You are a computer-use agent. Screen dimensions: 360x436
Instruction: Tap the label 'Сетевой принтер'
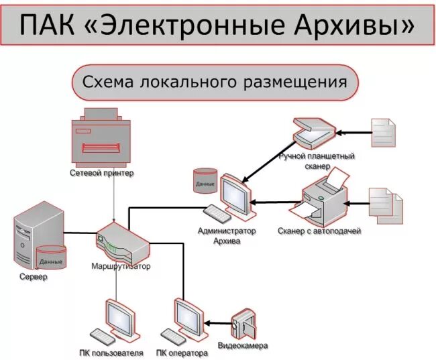point(101,173)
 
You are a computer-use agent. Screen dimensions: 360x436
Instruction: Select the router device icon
point(122,241)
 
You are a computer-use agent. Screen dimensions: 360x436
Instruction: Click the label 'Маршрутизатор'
point(121,265)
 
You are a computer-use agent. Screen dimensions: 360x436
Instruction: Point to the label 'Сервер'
point(34,277)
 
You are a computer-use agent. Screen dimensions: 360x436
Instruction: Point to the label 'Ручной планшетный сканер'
point(316,160)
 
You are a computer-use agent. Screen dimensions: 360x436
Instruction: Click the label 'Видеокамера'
point(243,346)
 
